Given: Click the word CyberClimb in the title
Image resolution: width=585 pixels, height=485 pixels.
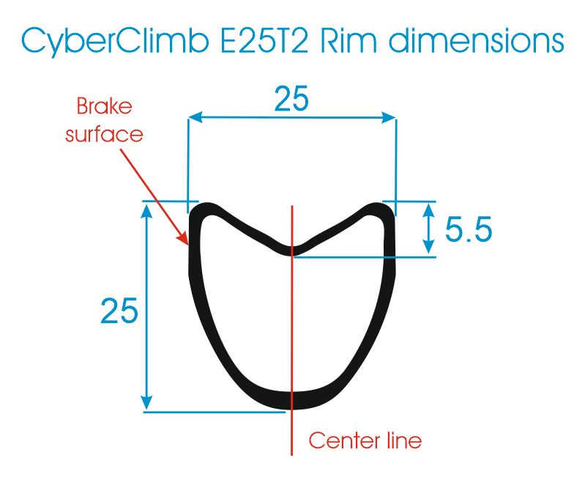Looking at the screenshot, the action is pyautogui.click(x=115, y=41).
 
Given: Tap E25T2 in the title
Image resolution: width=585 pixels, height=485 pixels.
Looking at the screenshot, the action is pyautogui.click(x=264, y=40).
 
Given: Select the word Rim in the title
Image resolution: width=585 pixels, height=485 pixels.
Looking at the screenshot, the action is pyautogui.click(x=349, y=40).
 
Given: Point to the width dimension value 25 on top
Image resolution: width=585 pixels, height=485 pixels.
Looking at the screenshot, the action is pyautogui.click(x=291, y=98).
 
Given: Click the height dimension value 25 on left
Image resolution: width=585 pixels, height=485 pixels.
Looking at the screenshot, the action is pyautogui.click(x=119, y=311).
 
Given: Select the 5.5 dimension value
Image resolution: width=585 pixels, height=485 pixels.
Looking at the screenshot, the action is pyautogui.click(x=469, y=229).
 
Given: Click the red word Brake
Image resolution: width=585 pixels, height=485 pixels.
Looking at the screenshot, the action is pyautogui.click(x=104, y=106).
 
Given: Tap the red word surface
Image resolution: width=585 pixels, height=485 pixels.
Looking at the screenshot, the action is pyautogui.click(x=104, y=134).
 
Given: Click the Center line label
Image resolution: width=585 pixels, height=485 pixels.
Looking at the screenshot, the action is pyautogui.click(x=365, y=440).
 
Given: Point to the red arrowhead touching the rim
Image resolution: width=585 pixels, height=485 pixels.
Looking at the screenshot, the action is pyautogui.click(x=183, y=238).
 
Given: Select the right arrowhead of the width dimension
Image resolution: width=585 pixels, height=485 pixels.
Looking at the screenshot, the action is pyautogui.click(x=388, y=118).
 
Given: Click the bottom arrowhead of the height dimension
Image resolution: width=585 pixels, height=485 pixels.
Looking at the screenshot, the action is pyautogui.click(x=147, y=402).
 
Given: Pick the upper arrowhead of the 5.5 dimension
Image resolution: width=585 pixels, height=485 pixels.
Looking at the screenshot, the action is pyautogui.click(x=429, y=211).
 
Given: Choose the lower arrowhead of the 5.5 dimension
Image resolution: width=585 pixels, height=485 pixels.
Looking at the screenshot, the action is pyautogui.click(x=429, y=248).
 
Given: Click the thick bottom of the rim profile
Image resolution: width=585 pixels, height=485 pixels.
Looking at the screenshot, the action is pyautogui.click(x=291, y=400).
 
